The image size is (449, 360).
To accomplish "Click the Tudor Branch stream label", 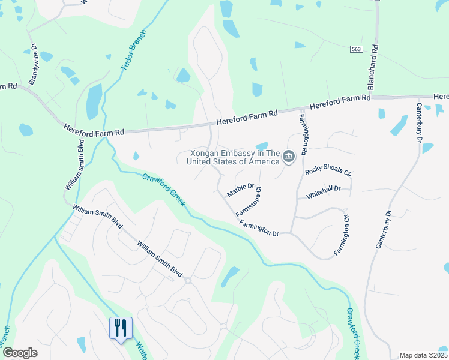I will [130, 51].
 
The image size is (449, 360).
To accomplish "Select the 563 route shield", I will [355, 49].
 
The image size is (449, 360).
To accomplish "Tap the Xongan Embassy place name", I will [234, 157].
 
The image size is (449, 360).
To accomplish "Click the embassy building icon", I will [289, 157].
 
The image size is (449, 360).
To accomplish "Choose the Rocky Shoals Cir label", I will [328, 171].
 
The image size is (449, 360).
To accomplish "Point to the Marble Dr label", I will [241, 191].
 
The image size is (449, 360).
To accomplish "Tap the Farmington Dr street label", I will [259, 229].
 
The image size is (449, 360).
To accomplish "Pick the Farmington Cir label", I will [340, 234].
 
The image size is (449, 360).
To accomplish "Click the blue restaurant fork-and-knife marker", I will [121, 328].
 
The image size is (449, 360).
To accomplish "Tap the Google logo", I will [20, 353].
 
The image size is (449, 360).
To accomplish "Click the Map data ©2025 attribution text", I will [423, 355].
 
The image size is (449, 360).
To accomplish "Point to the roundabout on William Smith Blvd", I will [188, 280].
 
